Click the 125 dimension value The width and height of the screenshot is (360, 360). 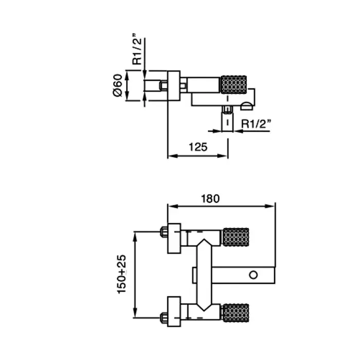click(198, 147)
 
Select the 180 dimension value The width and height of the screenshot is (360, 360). click(210, 198)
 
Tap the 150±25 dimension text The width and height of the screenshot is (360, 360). click(122, 275)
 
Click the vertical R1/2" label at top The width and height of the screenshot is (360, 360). click(137, 51)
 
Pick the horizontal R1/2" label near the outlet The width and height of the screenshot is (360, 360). click(255, 123)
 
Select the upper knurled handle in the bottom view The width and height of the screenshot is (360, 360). click(236, 237)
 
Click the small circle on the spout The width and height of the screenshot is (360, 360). click(253, 275)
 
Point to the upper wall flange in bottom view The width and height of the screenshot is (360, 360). click(175, 238)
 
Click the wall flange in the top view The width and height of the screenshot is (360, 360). click(173, 85)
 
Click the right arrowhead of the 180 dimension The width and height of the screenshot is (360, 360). click(272, 207)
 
